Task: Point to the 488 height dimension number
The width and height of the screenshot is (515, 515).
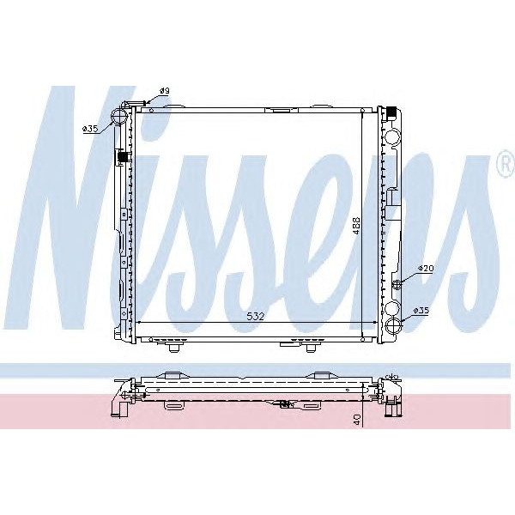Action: click(x=354, y=225)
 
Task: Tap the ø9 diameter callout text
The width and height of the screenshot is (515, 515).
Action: click(x=165, y=91)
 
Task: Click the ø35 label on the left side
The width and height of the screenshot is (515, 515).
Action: click(x=91, y=129)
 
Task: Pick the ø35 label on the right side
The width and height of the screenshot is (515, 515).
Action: click(x=421, y=309)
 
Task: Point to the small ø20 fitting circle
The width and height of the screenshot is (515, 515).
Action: click(x=396, y=284)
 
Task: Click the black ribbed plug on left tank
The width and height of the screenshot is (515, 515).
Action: click(x=121, y=158)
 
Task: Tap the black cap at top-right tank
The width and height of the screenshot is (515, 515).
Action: click(x=390, y=112)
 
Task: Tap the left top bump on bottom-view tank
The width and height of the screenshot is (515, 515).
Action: click(x=170, y=374)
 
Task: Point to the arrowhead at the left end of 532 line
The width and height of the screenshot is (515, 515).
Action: click(x=139, y=323)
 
